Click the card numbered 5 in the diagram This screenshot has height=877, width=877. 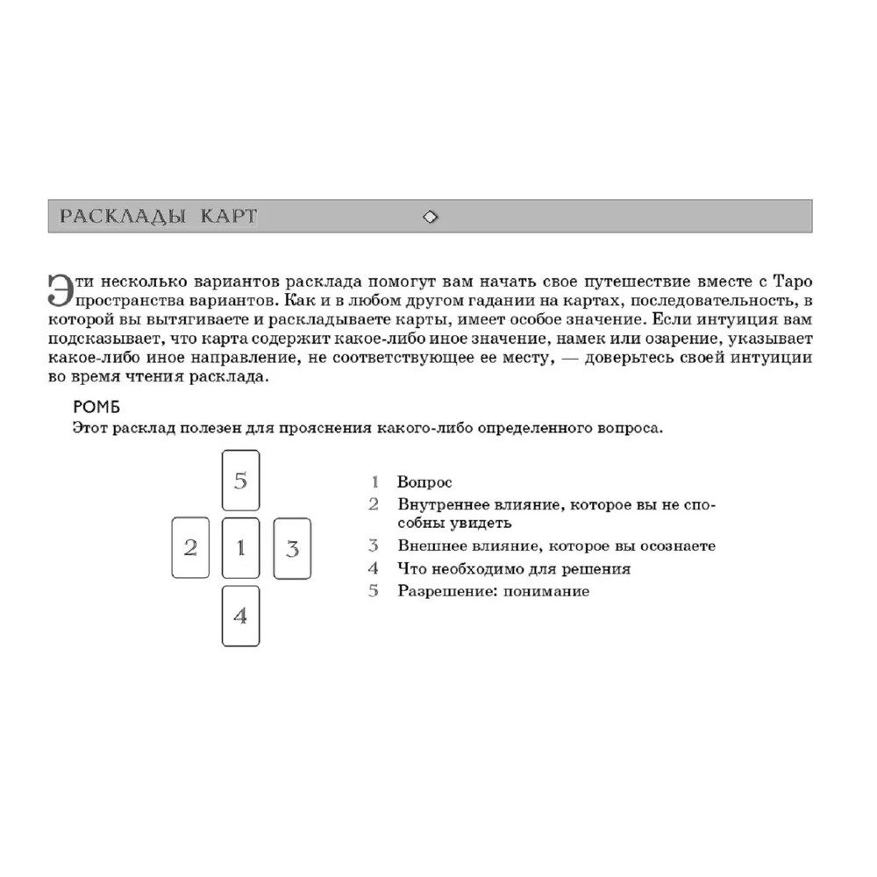pyautogui.click(x=241, y=480)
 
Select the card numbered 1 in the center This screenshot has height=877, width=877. pyautogui.click(x=241, y=548)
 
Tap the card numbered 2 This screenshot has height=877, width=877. pyautogui.click(x=190, y=548)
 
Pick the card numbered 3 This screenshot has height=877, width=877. pyautogui.click(x=292, y=549)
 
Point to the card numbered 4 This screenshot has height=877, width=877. pyautogui.click(x=241, y=616)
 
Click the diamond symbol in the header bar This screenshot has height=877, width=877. pyautogui.click(x=431, y=217)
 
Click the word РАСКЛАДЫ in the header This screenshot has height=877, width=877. pyautogui.click(x=122, y=217)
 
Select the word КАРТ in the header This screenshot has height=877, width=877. pyautogui.click(x=229, y=217)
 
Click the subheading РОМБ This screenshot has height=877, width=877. pyautogui.click(x=96, y=408)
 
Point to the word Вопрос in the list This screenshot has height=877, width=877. pyautogui.click(x=424, y=482)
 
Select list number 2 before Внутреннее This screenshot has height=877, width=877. pyautogui.click(x=374, y=504)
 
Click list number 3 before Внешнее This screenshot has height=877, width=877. pyautogui.click(x=374, y=545)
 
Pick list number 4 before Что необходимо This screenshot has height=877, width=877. pyautogui.click(x=374, y=568)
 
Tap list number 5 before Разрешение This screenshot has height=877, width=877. pyautogui.click(x=374, y=591)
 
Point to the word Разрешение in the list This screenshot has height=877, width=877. pyautogui.click(x=438, y=591)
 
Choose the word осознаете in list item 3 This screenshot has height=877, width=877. pyautogui.click(x=676, y=545)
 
